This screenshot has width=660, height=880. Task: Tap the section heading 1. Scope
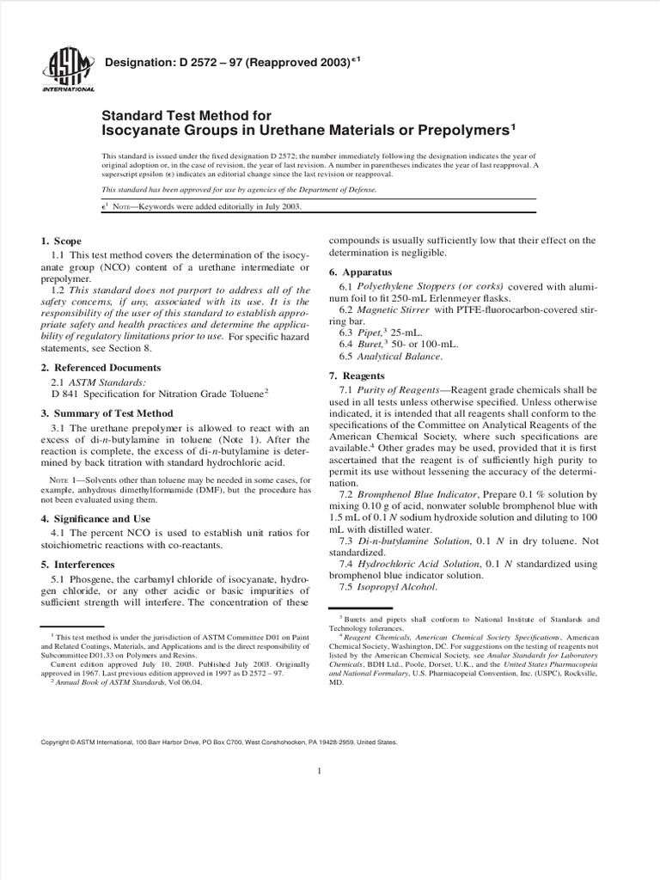point(61,241)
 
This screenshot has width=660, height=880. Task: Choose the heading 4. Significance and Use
point(95,518)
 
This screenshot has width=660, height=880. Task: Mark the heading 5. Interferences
point(77,565)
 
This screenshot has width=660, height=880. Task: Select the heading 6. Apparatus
point(358,272)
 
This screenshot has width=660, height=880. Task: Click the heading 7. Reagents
point(357,376)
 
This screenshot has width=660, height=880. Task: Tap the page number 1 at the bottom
point(319,771)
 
